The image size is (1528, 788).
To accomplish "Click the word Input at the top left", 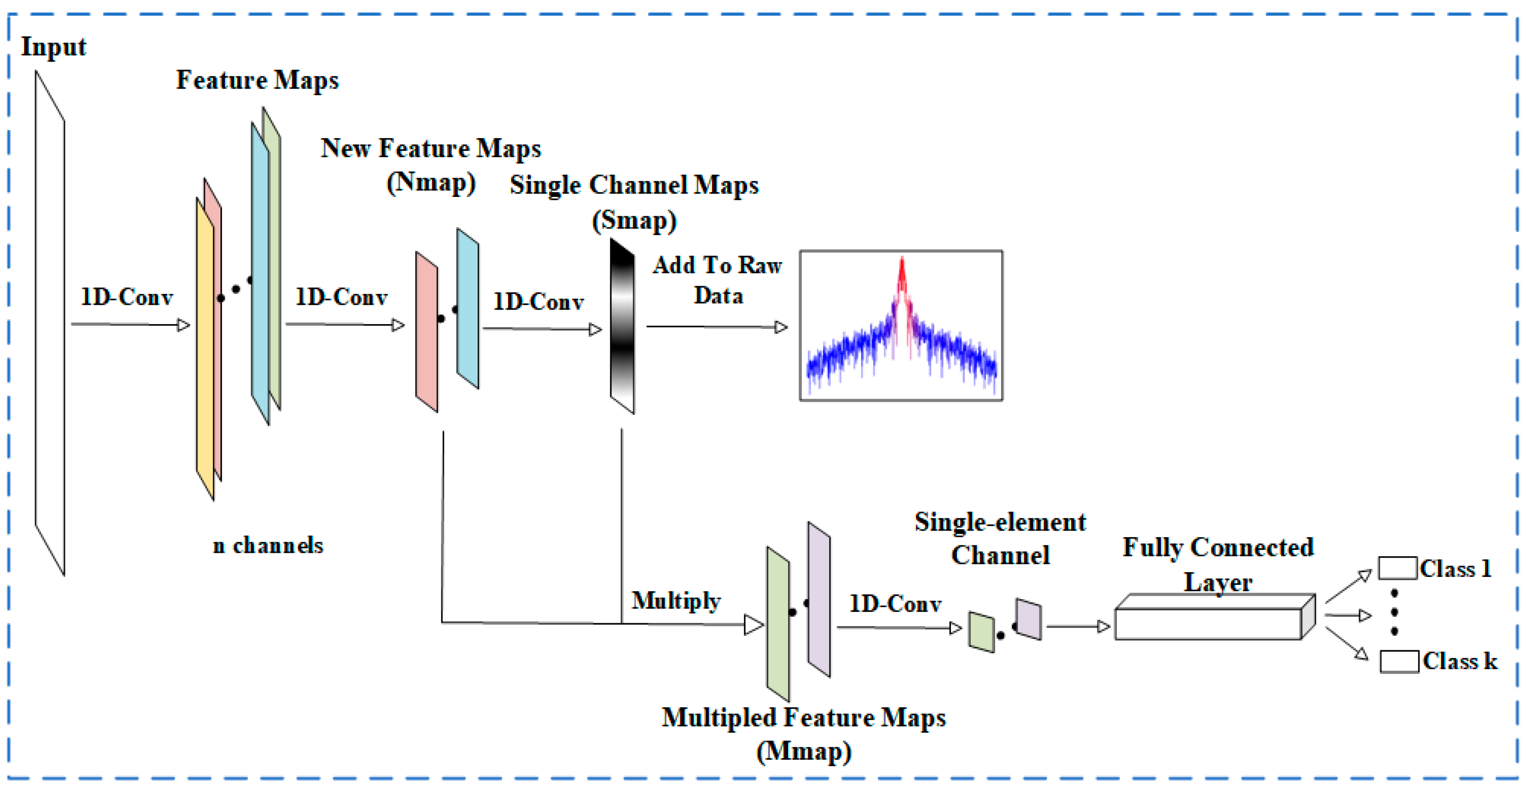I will pos(53,47).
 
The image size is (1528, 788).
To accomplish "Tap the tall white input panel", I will pos(50,323).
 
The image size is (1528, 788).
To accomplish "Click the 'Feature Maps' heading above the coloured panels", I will pos(257,80).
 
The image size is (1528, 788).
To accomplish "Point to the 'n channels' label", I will pos(268,545).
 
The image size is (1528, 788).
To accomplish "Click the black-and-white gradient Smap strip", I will pos(622,327).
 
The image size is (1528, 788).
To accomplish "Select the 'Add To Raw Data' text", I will pos(717,280).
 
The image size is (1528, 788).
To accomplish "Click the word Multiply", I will pos(676,601).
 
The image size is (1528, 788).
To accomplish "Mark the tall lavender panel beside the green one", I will pos(818,599).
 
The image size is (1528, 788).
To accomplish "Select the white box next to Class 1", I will pos(1397,568).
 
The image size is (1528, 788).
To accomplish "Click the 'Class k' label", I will pos(1460,661).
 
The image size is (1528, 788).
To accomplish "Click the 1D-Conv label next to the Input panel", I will pos(126,297).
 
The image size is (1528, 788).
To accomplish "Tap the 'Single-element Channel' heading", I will pos(1000,538).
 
